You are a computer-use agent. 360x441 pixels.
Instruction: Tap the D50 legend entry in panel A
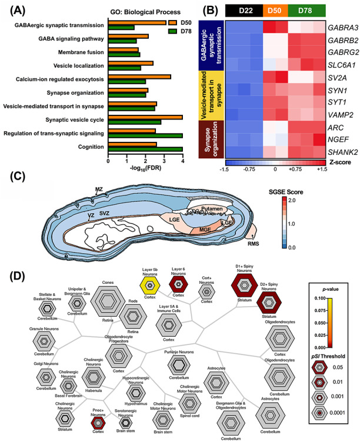(x=172, y=22)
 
